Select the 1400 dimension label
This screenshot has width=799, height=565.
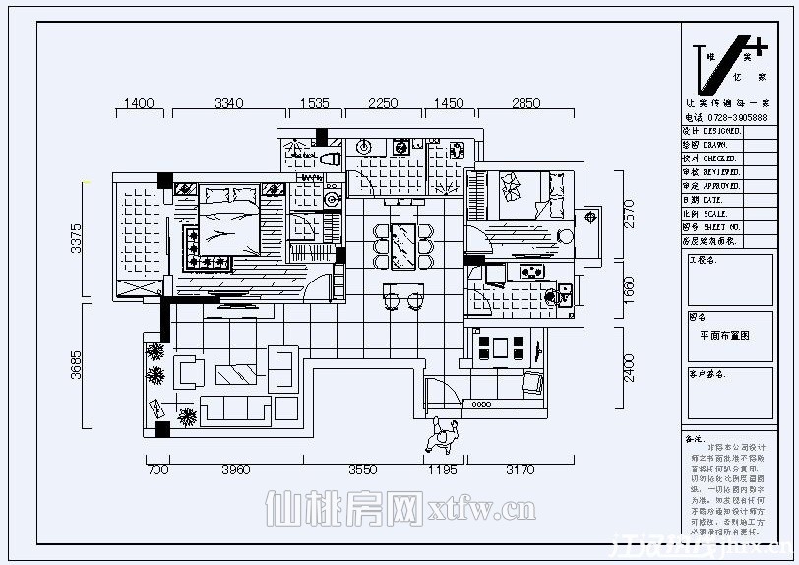pyautogui.click(x=138, y=102)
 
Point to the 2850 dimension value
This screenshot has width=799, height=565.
pyautogui.click(x=525, y=102)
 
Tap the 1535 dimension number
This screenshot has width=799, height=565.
pyautogui.click(x=314, y=102)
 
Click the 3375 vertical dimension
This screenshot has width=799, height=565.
pyautogui.click(x=77, y=239)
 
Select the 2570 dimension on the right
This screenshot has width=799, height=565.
pyautogui.click(x=630, y=215)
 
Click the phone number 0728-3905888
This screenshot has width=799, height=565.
pyautogui.click(x=737, y=117)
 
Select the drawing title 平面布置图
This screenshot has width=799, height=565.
pyautogui.click(x=724, y=334)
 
